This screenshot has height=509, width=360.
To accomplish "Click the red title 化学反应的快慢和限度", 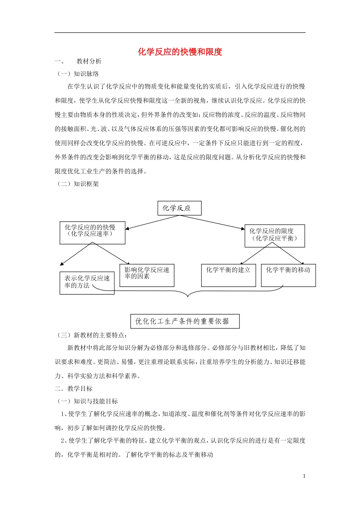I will [x=180, y=52].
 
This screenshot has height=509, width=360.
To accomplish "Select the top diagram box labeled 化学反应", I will [x=179, y=208].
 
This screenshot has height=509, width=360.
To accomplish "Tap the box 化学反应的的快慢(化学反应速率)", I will [x=92, y=233].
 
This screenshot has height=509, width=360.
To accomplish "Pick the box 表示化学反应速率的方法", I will [x=87, y=283].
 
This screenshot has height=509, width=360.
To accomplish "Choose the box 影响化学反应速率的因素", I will [x=147, y=275].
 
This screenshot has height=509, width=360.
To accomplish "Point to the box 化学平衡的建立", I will [x=228, y=275].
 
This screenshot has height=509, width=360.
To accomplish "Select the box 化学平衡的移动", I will [x=288, y=275].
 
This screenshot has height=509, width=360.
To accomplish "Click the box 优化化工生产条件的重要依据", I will [x=185, y=321].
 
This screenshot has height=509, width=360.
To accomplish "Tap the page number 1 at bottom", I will [x=304, y=476].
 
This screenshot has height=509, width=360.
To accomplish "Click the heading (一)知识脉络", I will [x=78, y=74].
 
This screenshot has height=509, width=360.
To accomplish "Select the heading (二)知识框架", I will [x=78, y=184].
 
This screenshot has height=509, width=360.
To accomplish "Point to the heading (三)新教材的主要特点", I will [x=92, y=335].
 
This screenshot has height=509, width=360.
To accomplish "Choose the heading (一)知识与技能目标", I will [x=87, y=401].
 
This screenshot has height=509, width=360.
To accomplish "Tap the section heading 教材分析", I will [x=89, y=61].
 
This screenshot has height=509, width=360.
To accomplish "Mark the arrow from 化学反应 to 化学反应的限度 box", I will [x=213, y=222].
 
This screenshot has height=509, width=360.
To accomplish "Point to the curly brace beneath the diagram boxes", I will [x=188, y=292].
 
